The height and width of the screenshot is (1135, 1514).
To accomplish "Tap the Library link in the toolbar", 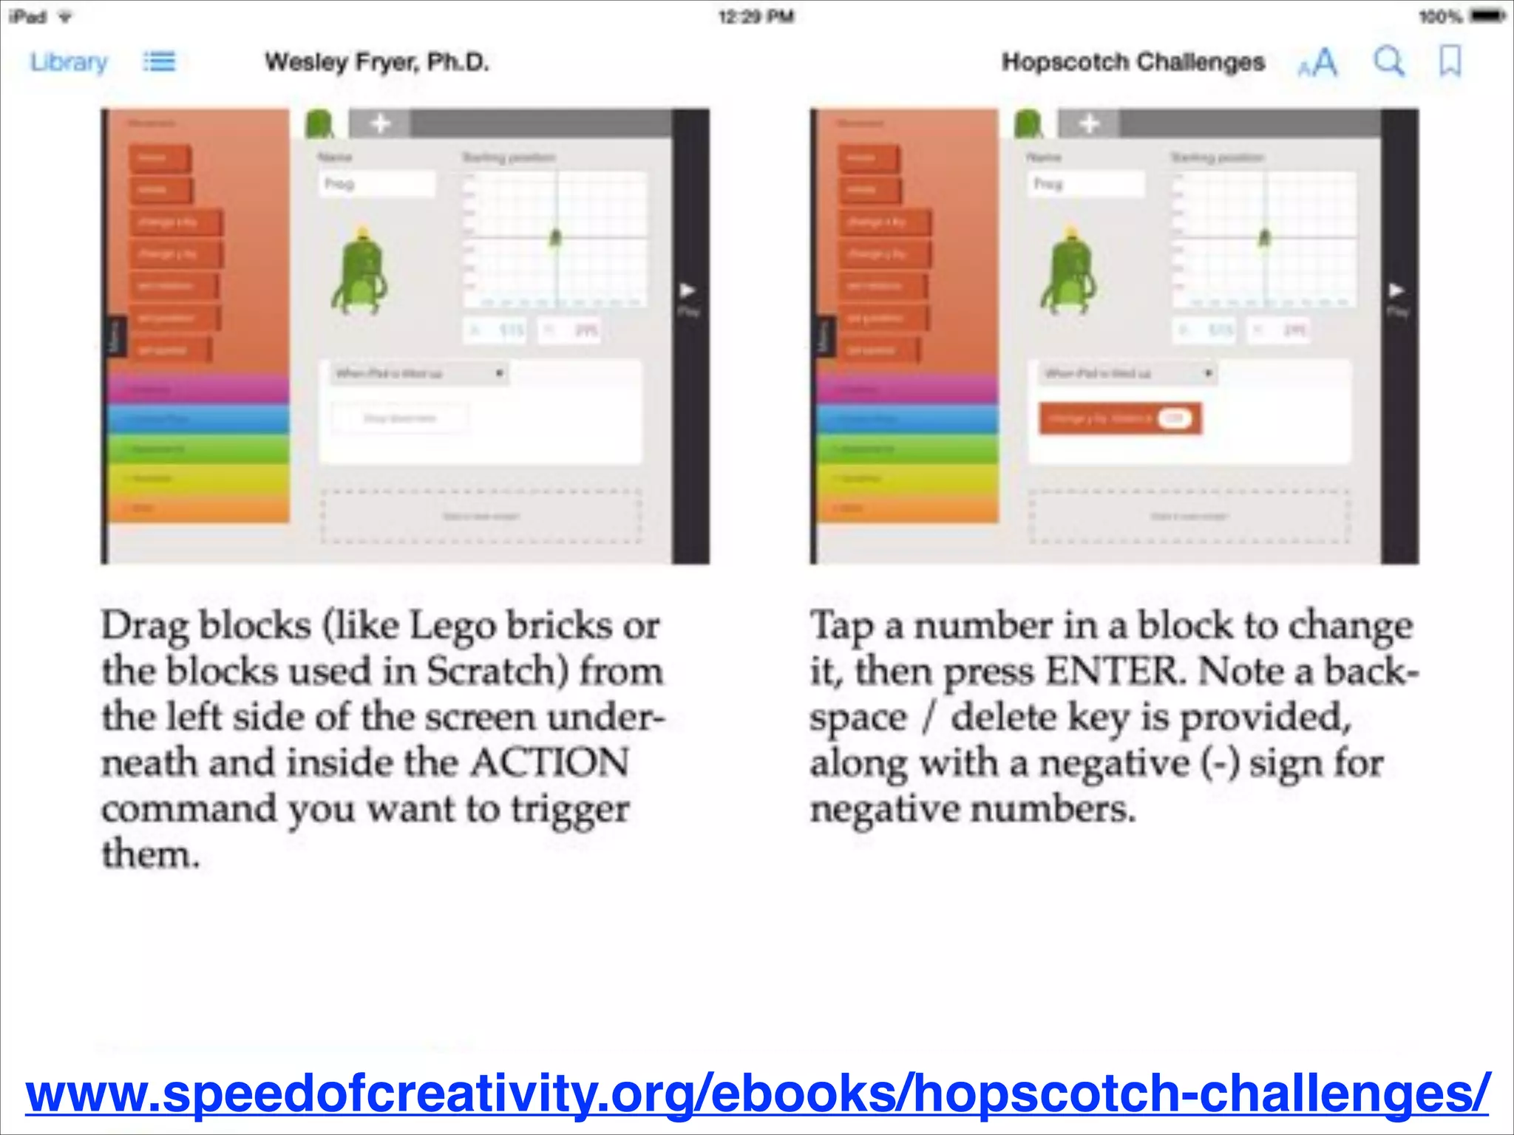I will [69, 62].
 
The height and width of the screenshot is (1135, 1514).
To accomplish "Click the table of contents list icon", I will [159, 62].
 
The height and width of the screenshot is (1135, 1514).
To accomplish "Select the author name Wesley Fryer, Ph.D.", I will [377, 62].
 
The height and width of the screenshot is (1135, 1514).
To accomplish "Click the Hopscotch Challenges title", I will [1133, 62].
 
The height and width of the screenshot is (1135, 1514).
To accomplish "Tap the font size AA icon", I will [1318, 63].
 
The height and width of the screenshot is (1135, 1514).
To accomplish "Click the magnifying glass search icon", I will [1388, 61].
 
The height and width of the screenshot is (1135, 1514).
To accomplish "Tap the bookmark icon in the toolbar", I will [1450, 61].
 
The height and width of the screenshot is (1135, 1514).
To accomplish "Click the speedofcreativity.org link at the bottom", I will [757, 1094].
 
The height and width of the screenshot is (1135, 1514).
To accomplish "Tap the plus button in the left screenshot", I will [379, 123].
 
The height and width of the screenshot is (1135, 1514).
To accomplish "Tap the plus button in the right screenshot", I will [1089, 123].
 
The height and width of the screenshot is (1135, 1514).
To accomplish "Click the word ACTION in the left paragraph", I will [550, 763].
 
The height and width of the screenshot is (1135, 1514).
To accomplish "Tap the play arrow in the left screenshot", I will [688, 290].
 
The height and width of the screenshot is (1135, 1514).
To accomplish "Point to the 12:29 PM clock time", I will [756, 16].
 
